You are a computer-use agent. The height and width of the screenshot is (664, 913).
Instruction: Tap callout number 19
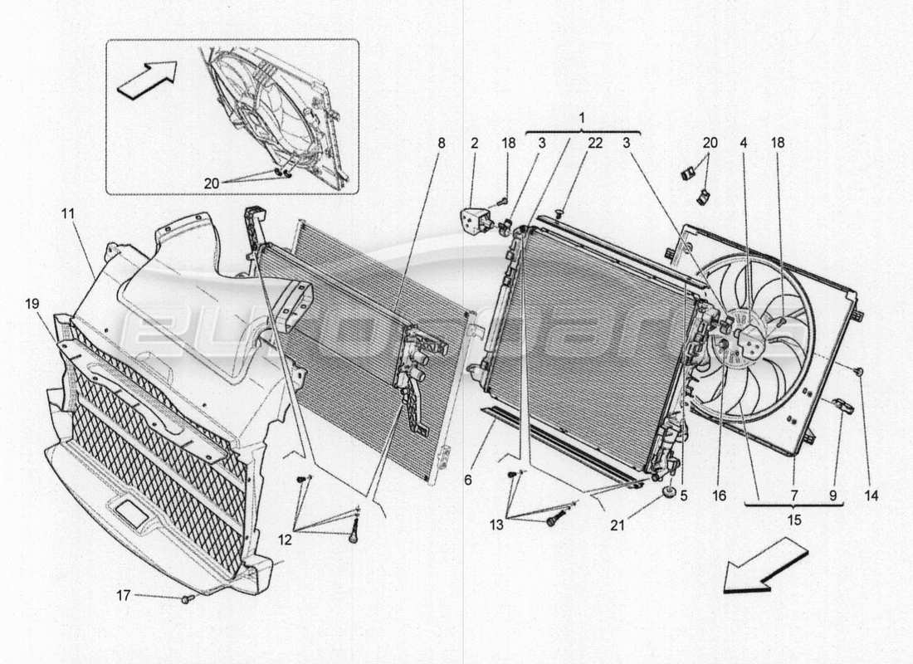pyautogui.click(x=32, y=305)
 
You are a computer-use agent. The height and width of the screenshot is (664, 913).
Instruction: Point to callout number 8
pyautogui.click(x=441, y=143)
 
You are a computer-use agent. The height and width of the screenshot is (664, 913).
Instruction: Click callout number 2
pyautogui.click(x=474, y=143)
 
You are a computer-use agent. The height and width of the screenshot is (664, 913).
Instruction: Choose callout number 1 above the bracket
pyautogui.click(x=582, y=117)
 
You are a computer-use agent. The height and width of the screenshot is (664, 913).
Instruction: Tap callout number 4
pyautogui.click(x=744, y=143)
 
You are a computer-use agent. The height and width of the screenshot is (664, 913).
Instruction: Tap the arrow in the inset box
pyautogui.click(x=147, y=80)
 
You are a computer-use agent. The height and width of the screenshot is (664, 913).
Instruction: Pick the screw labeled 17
pyautogui.click(x=188, y=598)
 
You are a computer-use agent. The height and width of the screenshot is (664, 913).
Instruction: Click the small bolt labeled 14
pyautogui.click(x=859, y=370)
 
